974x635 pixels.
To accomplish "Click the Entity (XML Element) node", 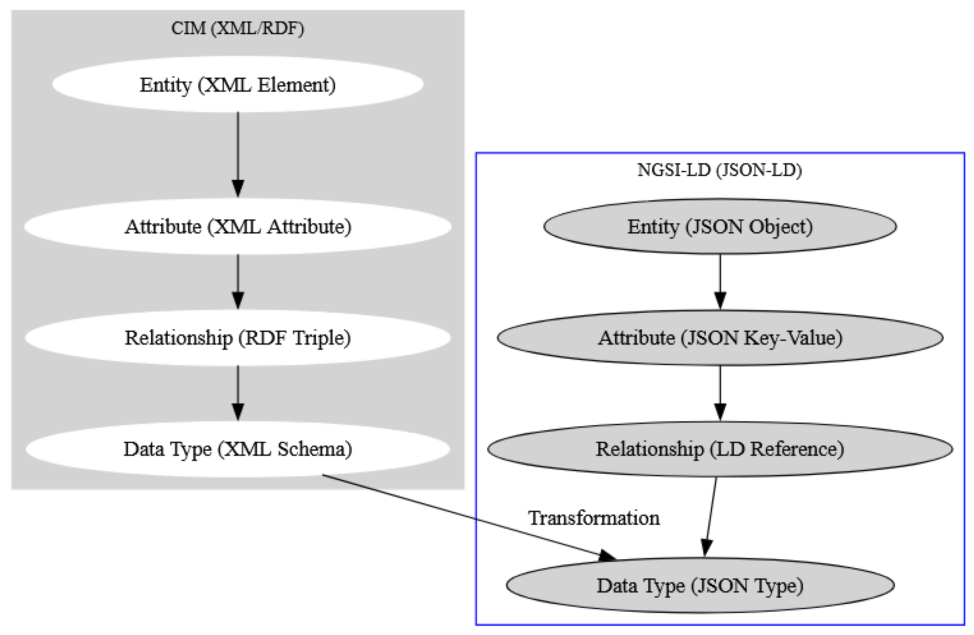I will tap(237, 84).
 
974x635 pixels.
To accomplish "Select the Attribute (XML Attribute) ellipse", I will tap(237, 226).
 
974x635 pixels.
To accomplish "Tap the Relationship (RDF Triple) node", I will tap(237, 337).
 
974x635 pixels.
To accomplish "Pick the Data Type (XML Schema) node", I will tap(237, 449).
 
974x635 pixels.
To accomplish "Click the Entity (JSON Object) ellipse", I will tap(720, 226).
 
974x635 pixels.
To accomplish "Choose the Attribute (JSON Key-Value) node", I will tap(720, 337).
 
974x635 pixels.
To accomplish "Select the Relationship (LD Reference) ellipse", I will tap(720, 449).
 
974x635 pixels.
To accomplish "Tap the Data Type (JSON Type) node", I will tap(700, 586).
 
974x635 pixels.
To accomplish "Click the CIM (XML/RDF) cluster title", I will tap(237, 28).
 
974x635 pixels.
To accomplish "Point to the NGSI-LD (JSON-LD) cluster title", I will tap(720, 170).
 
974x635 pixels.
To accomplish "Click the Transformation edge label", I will tap(594, 518).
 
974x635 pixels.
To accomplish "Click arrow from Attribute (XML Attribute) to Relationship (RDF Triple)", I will tap(238, 280).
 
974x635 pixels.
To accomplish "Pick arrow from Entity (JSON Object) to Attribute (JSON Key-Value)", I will tap(720, 280).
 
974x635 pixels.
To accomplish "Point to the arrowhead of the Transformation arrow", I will tap(607, 556).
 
